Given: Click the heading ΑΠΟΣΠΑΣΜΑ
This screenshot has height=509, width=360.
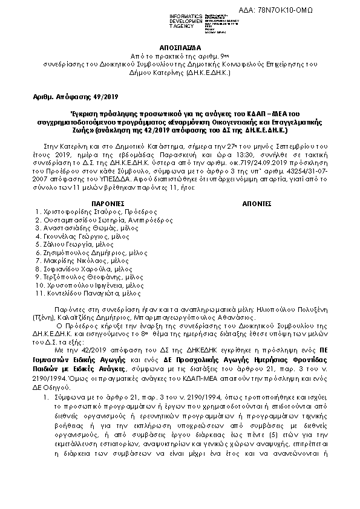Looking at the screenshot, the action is click(180, 45).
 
